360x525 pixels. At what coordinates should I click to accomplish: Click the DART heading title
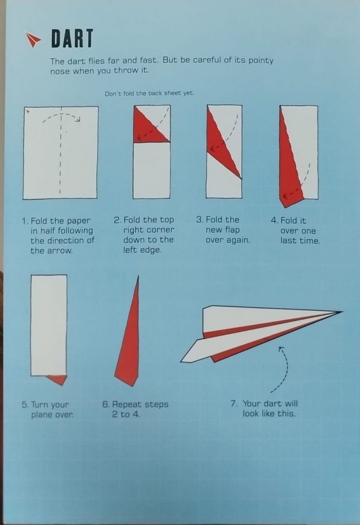pyautogui.click(x=72, y=38)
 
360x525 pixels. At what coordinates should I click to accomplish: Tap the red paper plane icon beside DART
pyautogui.click(x=33, y=40)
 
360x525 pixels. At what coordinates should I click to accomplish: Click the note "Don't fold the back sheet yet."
pyautogui.click(x=149, y=93)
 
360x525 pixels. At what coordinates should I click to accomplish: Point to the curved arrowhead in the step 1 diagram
pyautogui.click(x=78, y=119)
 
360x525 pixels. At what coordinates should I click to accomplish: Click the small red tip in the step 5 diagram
pyautogui.click(x=57, y=379)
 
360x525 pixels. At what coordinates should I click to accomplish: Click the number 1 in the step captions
pyautogui.click(x=24, y=221)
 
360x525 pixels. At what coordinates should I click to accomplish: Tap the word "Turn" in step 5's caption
pyautogui.click(x=39, y=405)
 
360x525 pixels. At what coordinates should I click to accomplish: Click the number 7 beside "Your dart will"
pyautogui.click(x=233, y=403)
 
